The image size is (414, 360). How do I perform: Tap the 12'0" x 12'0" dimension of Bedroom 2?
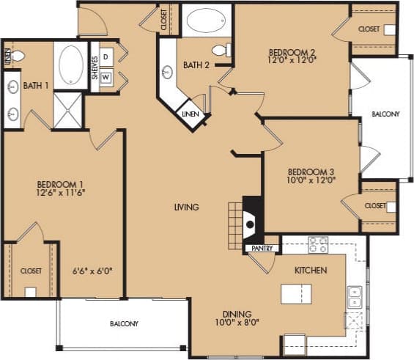(292, 62)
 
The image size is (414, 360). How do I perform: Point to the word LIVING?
(186, 207)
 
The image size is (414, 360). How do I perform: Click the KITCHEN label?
(311, 271)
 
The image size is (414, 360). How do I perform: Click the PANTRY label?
(262, 249)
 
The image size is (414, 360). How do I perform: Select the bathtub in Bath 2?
(205, 20)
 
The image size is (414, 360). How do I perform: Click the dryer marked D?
(106, 56)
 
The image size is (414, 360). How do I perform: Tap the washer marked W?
(106, 77)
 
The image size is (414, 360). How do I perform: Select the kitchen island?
(295, 294)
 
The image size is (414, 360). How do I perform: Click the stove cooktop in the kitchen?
(317, 244)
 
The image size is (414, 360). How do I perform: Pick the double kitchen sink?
(355, 296)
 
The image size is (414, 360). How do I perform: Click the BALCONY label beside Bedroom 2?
(385, 114)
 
